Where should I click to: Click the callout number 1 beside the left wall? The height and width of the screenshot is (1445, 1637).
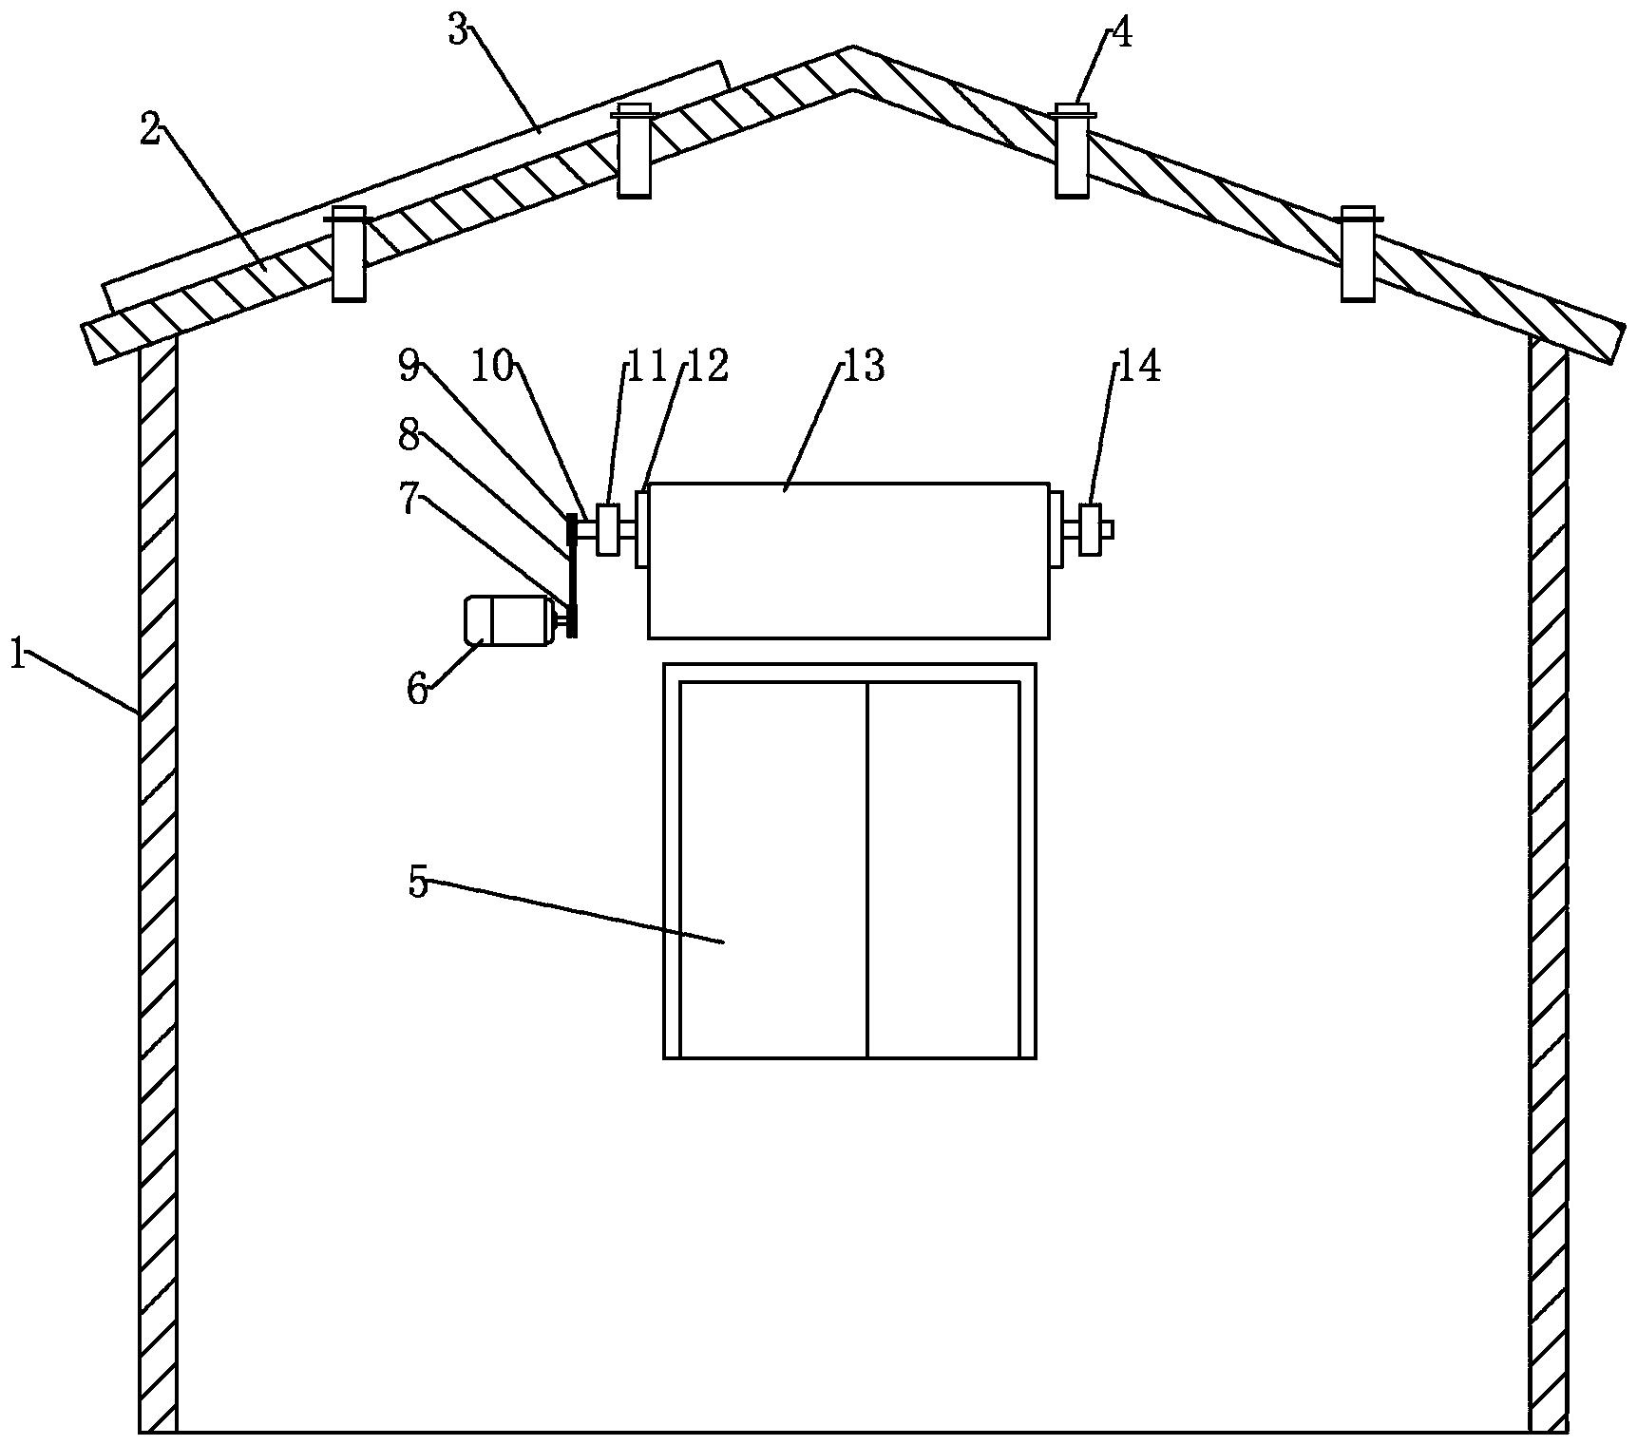tap(17, 655)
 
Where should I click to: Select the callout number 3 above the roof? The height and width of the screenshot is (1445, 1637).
tap(459, 30)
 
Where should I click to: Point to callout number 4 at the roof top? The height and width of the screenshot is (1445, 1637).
tap(1121, 34)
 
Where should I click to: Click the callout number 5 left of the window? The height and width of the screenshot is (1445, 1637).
tap(418, 882)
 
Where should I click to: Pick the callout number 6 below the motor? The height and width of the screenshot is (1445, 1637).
tap(418, 689)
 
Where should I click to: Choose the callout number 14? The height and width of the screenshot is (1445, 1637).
tap(1139, 366)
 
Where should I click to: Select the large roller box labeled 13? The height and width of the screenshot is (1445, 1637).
tap(848, 561)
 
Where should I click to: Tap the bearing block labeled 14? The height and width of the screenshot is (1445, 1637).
tap(1090, 530)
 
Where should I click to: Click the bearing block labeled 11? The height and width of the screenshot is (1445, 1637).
tap(607, 529)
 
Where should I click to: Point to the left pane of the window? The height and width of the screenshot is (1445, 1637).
tap(773, 869)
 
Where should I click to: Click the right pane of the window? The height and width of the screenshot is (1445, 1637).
tap(943, 869)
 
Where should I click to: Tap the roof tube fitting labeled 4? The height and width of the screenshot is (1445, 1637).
tap(1072, 152)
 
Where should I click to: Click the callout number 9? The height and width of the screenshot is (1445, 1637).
tap(409, 367)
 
